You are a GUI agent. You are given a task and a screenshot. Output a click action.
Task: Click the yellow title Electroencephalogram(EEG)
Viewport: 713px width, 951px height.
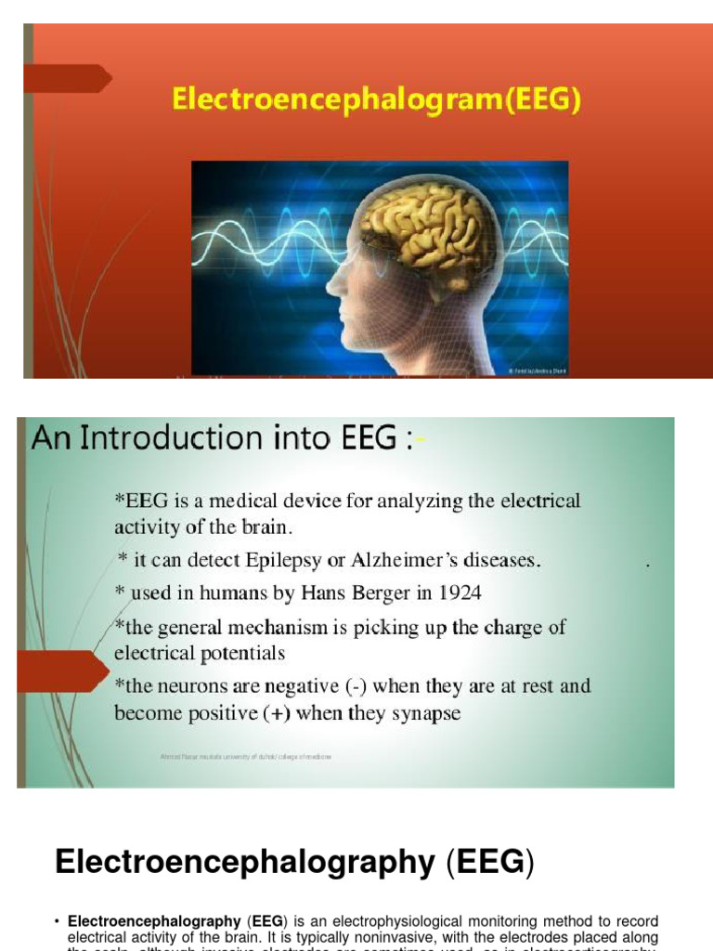coord(376,99)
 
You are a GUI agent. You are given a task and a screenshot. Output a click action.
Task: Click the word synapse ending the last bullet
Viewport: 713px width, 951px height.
coord(422,713)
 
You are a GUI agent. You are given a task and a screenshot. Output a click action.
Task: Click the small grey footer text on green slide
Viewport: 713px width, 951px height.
coord(246,757)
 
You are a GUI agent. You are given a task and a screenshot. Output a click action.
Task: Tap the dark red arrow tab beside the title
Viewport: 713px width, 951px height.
coord(66,79)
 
